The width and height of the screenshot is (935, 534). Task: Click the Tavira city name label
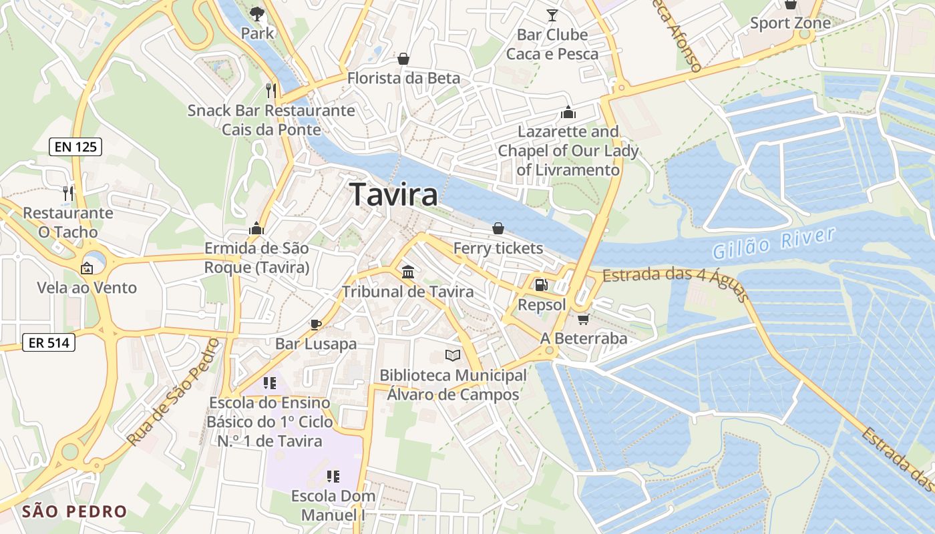(x=394, y=194)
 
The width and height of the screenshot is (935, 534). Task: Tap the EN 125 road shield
(x=75, y=147)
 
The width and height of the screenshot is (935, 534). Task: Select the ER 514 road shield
(x=49, y=343)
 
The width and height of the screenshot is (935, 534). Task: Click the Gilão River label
(x=773, y=243)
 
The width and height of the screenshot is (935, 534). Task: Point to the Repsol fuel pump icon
(x=541, y=285)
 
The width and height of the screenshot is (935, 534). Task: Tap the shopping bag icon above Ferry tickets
(x=498, y=228)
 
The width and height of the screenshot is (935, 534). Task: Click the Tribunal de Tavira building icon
(x=407, y=272)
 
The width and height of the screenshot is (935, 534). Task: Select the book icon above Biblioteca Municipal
(x=453, y=356)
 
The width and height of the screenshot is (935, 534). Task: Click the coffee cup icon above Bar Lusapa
(x=316, y=324)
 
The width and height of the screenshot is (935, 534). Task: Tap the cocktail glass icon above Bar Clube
(x=552, y=15)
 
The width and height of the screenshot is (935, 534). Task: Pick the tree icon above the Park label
(x=257, y=13)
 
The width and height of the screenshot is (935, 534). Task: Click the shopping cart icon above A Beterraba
(x=584, y=319)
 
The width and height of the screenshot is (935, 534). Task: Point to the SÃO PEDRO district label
(x=74, y=512)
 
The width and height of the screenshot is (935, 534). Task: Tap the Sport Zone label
(x=790, y=23)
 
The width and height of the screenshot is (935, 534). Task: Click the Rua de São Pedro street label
(x=173, y=392)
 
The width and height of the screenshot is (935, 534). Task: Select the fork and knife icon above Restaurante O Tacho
(x=67, y=194)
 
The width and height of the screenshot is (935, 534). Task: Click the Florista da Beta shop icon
(x=403, y=59)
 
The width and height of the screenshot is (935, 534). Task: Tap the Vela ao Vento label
(x=87, y=288)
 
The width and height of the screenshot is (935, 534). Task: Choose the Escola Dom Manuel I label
(x=333, y=505)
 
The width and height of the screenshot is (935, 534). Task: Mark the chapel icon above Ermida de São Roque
(x=256, y=229)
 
